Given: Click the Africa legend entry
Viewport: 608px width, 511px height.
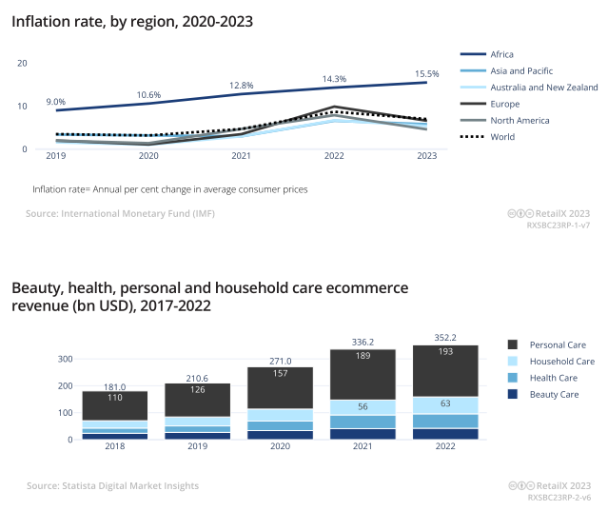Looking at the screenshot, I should click(501, 54).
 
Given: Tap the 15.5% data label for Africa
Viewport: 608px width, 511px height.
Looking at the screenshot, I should click(427, 73).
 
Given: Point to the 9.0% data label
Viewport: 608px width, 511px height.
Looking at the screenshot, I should click(55, 101).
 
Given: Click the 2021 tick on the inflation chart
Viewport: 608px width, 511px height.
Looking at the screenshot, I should click(242, 155).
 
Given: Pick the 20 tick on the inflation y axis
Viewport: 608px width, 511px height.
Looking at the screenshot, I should click(23, 63).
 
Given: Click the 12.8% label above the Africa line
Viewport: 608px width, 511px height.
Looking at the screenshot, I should click(241, 86).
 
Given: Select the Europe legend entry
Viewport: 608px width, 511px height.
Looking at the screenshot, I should click(505, 104).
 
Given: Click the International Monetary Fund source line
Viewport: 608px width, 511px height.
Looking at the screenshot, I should click(121, 213).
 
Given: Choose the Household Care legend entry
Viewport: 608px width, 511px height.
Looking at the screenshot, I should click(561, 361).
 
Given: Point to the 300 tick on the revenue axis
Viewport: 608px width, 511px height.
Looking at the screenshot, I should click(65, 359).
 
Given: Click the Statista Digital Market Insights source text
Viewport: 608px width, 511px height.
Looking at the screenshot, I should click(113, 485).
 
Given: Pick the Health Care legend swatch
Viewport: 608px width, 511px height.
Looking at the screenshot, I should click(513, 378).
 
